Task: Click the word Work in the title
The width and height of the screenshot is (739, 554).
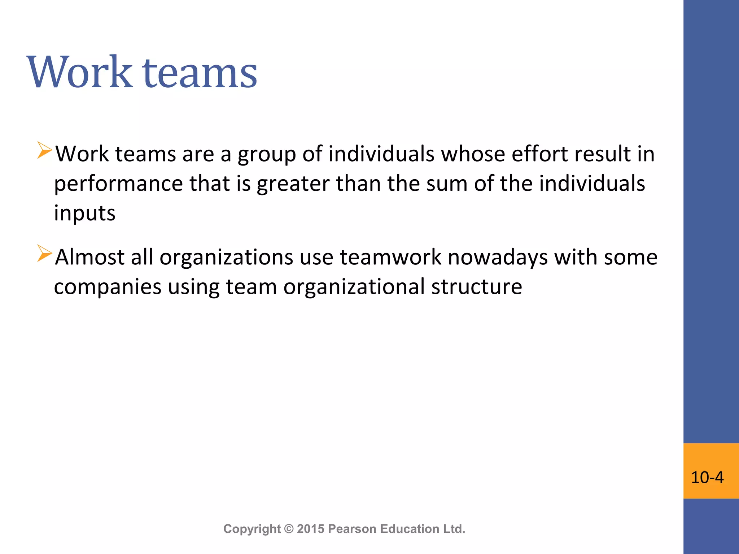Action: (80, 72)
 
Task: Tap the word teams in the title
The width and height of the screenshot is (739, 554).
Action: (200, 73)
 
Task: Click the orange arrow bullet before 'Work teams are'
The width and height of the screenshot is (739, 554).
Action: (45, 150)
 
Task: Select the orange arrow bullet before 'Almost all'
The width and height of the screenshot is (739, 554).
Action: (45, 253)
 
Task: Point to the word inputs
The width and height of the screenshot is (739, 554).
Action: (85, 214)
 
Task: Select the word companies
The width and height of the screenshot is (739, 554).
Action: (108, 287)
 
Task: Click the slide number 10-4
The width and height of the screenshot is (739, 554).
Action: (707, 477)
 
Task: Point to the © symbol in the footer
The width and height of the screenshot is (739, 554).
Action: (289, 529)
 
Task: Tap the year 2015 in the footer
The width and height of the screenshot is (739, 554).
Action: (311, 529)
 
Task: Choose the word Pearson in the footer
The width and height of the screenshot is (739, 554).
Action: (352, 529)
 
